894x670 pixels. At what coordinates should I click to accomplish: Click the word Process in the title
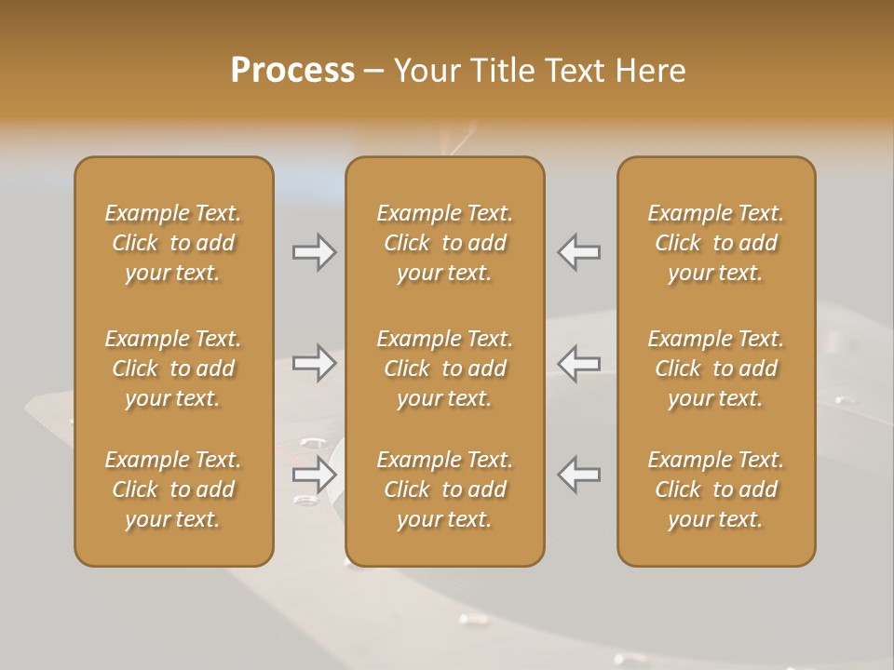coord(292,70)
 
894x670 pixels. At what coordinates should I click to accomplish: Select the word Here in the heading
coord(651,70)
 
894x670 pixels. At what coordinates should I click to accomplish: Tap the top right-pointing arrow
coord(314,252)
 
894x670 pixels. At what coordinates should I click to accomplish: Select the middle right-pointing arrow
coord(314,363)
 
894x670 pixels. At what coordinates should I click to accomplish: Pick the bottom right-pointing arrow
coord(314,475)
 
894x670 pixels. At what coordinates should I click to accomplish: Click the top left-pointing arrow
coord(578,252)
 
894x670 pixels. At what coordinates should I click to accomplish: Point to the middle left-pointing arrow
coord(578,363)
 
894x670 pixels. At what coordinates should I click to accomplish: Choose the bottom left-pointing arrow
coord(578,475)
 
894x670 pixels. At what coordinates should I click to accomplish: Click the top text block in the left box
coord(173,243)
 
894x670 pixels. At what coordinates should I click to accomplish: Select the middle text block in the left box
coord(173,368)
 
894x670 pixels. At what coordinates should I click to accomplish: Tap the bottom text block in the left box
coord(173,489)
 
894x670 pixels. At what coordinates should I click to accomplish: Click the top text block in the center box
coord(444,243)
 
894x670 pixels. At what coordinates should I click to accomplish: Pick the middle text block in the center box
coord(444,368)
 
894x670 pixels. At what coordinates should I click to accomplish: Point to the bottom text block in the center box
coord(444,489)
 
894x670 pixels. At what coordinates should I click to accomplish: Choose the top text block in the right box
coord(715,243)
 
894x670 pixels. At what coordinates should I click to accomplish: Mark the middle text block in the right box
coord(715,368)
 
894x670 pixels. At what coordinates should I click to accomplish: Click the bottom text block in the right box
coord(715,489)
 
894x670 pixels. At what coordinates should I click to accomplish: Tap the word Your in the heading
coord(426,70)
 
